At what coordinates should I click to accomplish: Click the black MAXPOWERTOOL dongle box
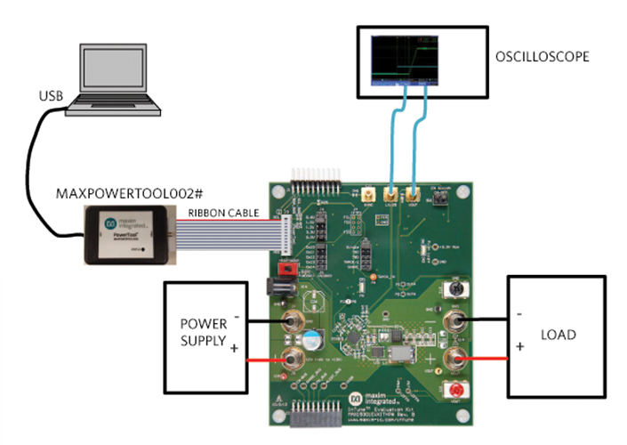129,234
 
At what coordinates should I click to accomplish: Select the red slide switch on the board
287,268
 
